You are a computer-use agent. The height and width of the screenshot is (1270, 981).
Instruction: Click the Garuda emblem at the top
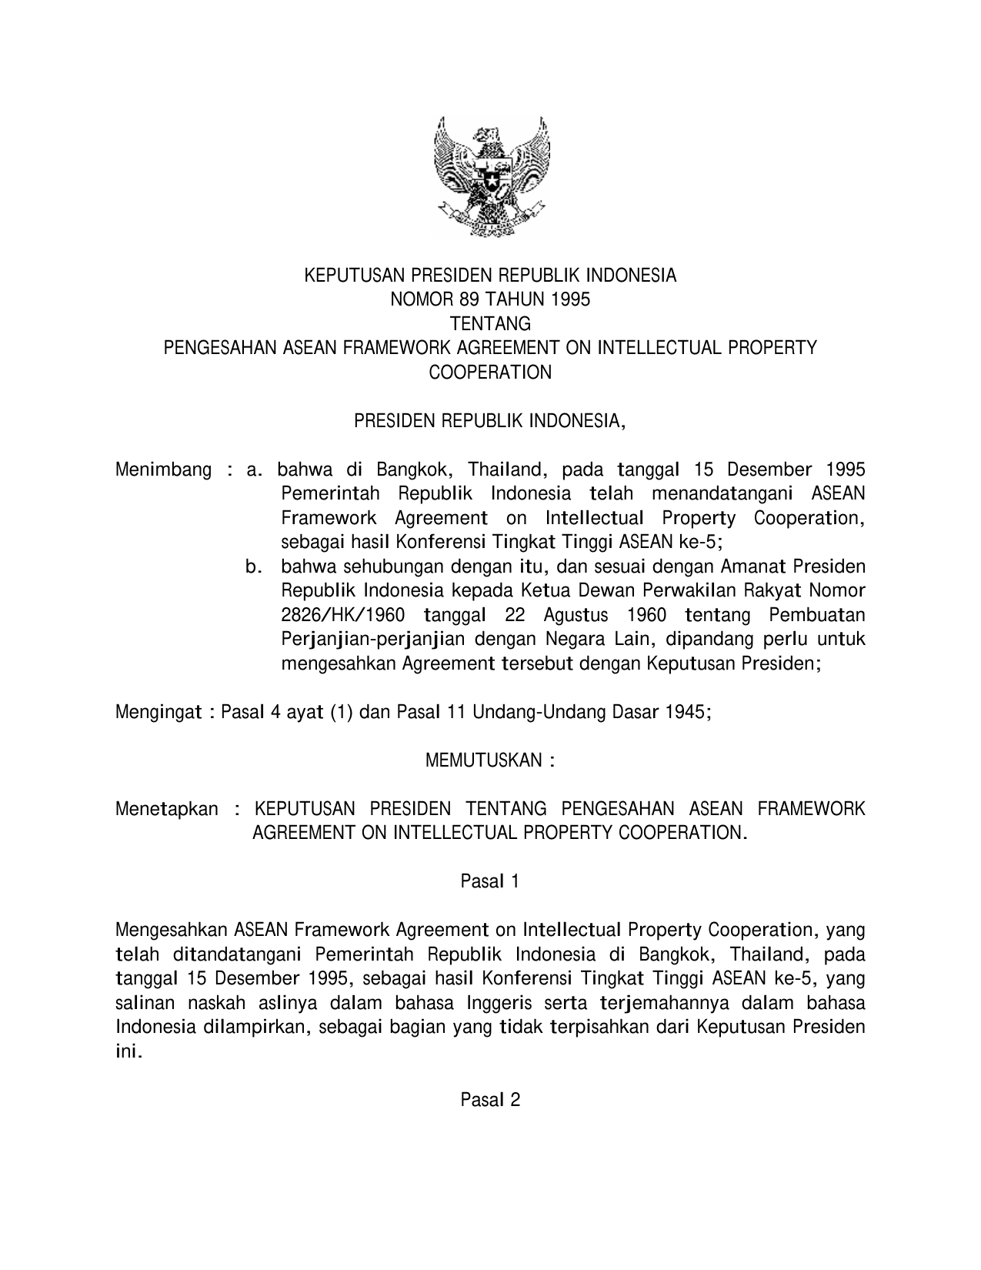[x=490, y=176]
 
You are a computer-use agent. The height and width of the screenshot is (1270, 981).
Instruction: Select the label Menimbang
[x=163, y=470]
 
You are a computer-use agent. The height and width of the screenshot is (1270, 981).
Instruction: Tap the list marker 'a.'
[x=255, y=470]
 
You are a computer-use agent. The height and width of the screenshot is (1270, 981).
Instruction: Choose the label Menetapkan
[x=167, y=810]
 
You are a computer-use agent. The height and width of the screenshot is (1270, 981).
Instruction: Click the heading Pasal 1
[x=490, y=881]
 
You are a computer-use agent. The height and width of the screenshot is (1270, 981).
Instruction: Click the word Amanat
[x=750, y=567]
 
